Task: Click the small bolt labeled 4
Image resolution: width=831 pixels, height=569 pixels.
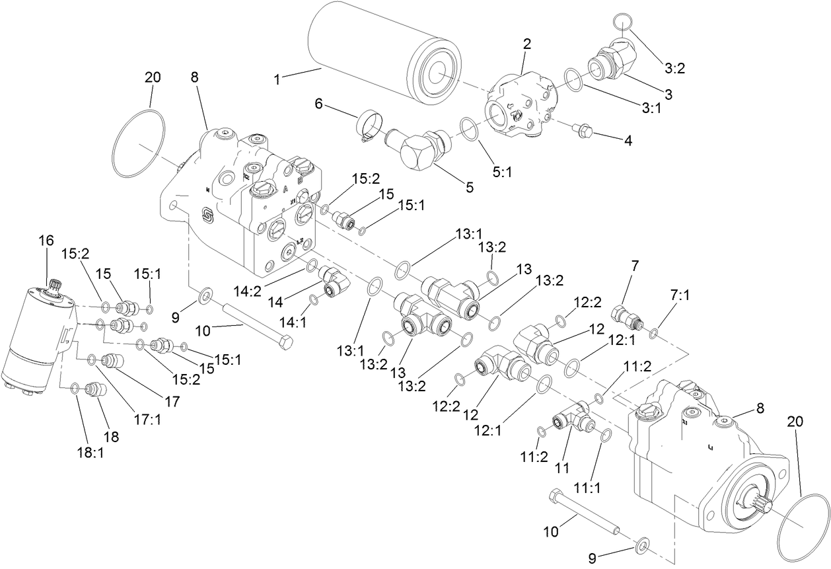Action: (x=583, y=132)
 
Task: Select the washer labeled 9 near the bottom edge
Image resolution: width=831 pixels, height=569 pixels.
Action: (x=640, y=546)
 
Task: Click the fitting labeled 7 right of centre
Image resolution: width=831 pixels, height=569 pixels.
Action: (x=628, y=316)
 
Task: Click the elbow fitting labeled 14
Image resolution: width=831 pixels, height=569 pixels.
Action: (x=328, y=282)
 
